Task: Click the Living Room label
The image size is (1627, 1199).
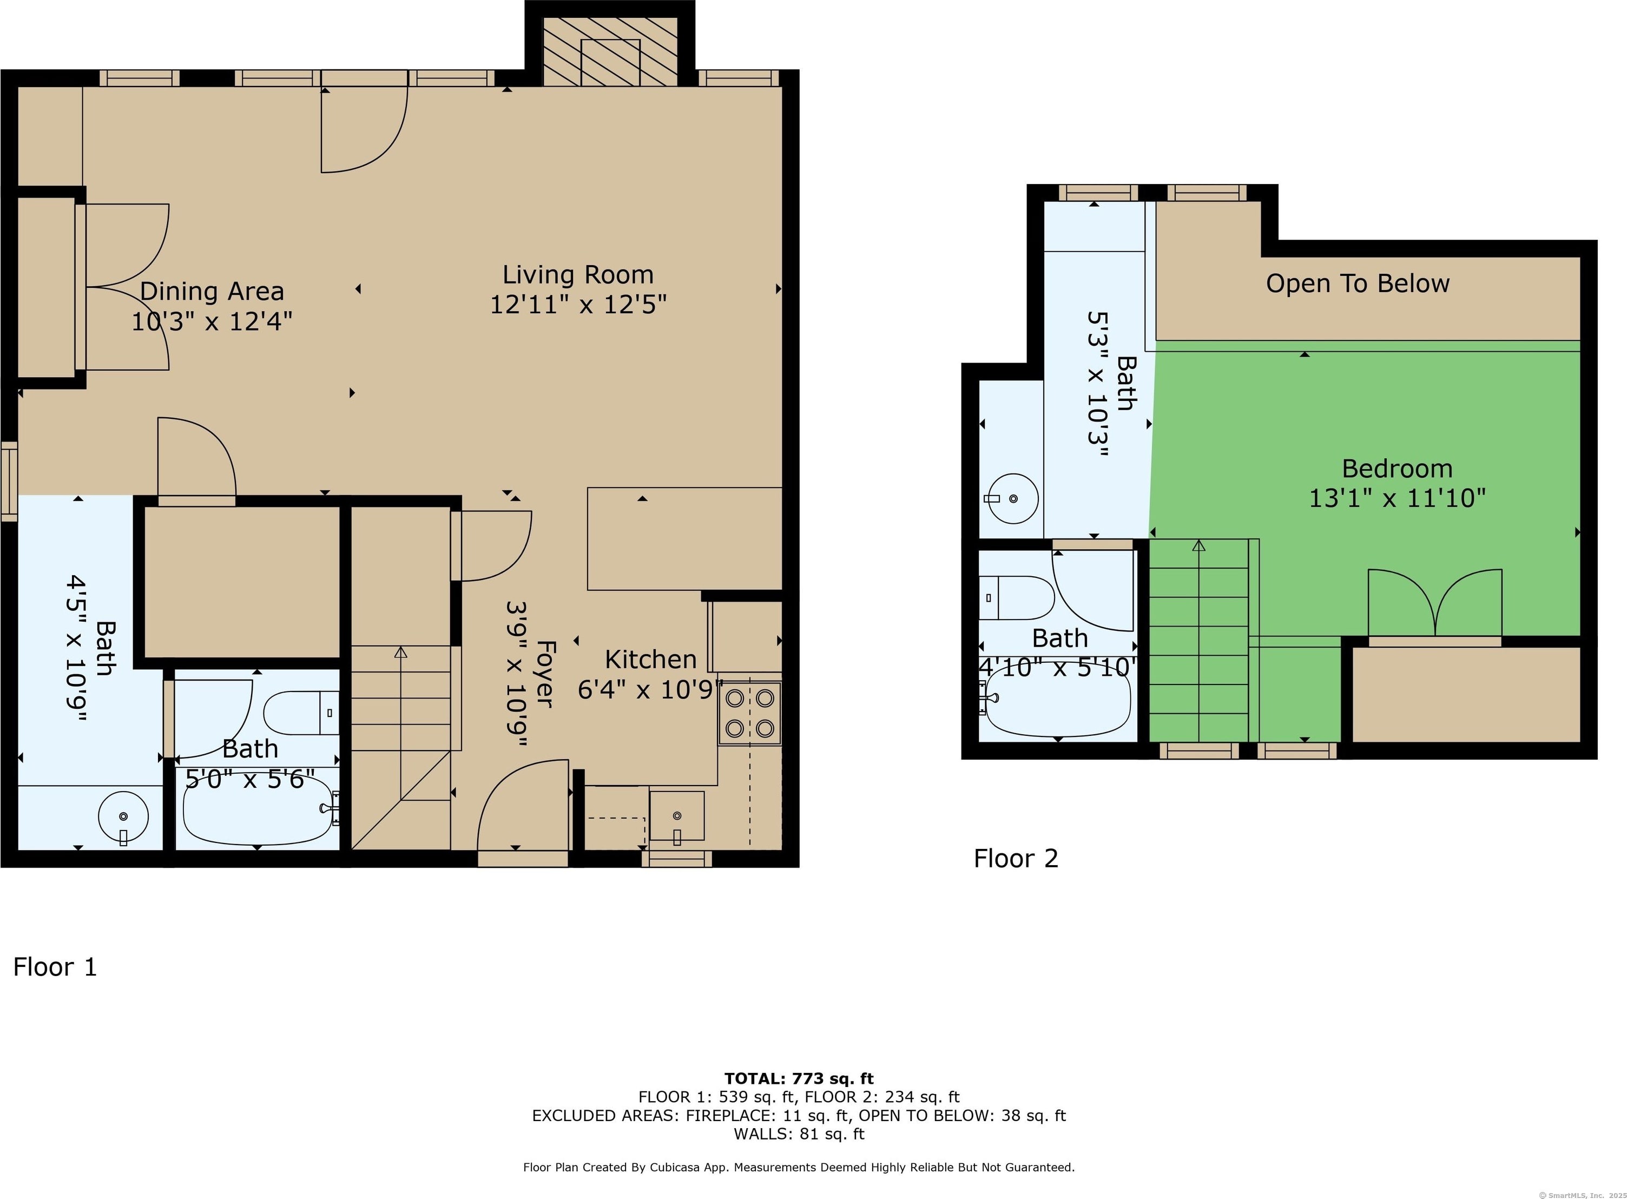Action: (578, 275)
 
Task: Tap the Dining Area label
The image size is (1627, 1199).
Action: (212, 292)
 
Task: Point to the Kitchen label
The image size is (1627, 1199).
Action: (651, 660)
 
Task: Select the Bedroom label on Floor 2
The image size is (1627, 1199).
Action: (1398, 469)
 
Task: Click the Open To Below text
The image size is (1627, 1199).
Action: (1358, 284)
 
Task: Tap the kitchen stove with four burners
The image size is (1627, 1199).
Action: (749, 714)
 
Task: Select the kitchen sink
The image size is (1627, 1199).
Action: (676, 816)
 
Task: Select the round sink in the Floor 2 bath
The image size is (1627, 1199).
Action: (1012, 499)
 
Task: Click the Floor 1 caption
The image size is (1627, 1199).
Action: (55, 967)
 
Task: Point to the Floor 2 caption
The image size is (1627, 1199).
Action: (1016, 859)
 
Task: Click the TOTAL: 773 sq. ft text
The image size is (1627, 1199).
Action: (799, 1078)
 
